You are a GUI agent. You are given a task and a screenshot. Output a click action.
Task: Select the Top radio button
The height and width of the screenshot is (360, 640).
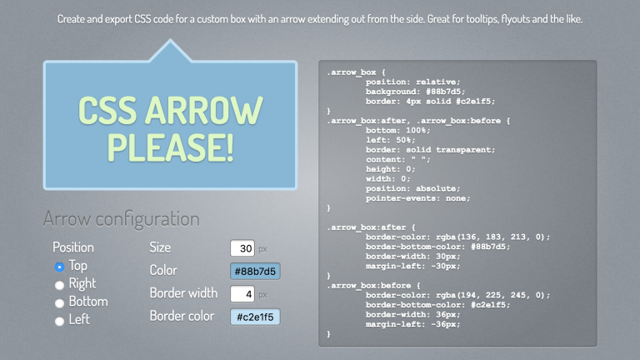pos(60,267)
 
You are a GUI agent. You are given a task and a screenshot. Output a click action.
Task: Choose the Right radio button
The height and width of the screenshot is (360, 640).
pos(60,285)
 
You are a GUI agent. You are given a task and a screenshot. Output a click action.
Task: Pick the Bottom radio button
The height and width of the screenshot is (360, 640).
pos(60,302)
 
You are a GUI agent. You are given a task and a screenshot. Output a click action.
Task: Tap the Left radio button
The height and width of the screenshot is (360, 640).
pos(60,321)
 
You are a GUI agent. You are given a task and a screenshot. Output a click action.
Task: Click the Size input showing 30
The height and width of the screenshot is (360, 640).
pos(242,248)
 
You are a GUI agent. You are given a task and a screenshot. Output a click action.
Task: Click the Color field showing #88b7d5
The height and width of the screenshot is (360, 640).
pos(255,271)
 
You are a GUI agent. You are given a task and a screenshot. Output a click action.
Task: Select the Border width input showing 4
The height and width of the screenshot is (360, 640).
pos(242,294)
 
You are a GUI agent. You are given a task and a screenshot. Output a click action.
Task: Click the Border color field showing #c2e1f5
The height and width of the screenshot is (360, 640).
pos(255,317)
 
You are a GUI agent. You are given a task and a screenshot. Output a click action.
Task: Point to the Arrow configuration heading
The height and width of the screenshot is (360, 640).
pos(121,219)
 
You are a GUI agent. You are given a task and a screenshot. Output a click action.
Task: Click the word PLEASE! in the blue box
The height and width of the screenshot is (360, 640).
pos(171,147)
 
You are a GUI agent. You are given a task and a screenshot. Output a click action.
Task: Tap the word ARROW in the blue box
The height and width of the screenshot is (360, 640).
pos(204,111)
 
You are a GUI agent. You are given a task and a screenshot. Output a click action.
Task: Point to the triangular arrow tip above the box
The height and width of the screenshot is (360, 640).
pos(170,40)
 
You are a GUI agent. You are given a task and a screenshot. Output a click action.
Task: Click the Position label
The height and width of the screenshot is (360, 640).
pos(73,247)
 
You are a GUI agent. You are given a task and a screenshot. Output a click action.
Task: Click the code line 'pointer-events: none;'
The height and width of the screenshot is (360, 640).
pos(417,198)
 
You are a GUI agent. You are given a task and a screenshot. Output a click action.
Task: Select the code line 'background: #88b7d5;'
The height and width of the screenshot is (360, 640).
pos(415,92)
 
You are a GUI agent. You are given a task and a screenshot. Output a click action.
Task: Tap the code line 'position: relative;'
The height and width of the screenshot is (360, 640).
pos(412,82)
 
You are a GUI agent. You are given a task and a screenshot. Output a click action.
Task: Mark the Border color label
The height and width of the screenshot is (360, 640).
pos(182,316)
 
